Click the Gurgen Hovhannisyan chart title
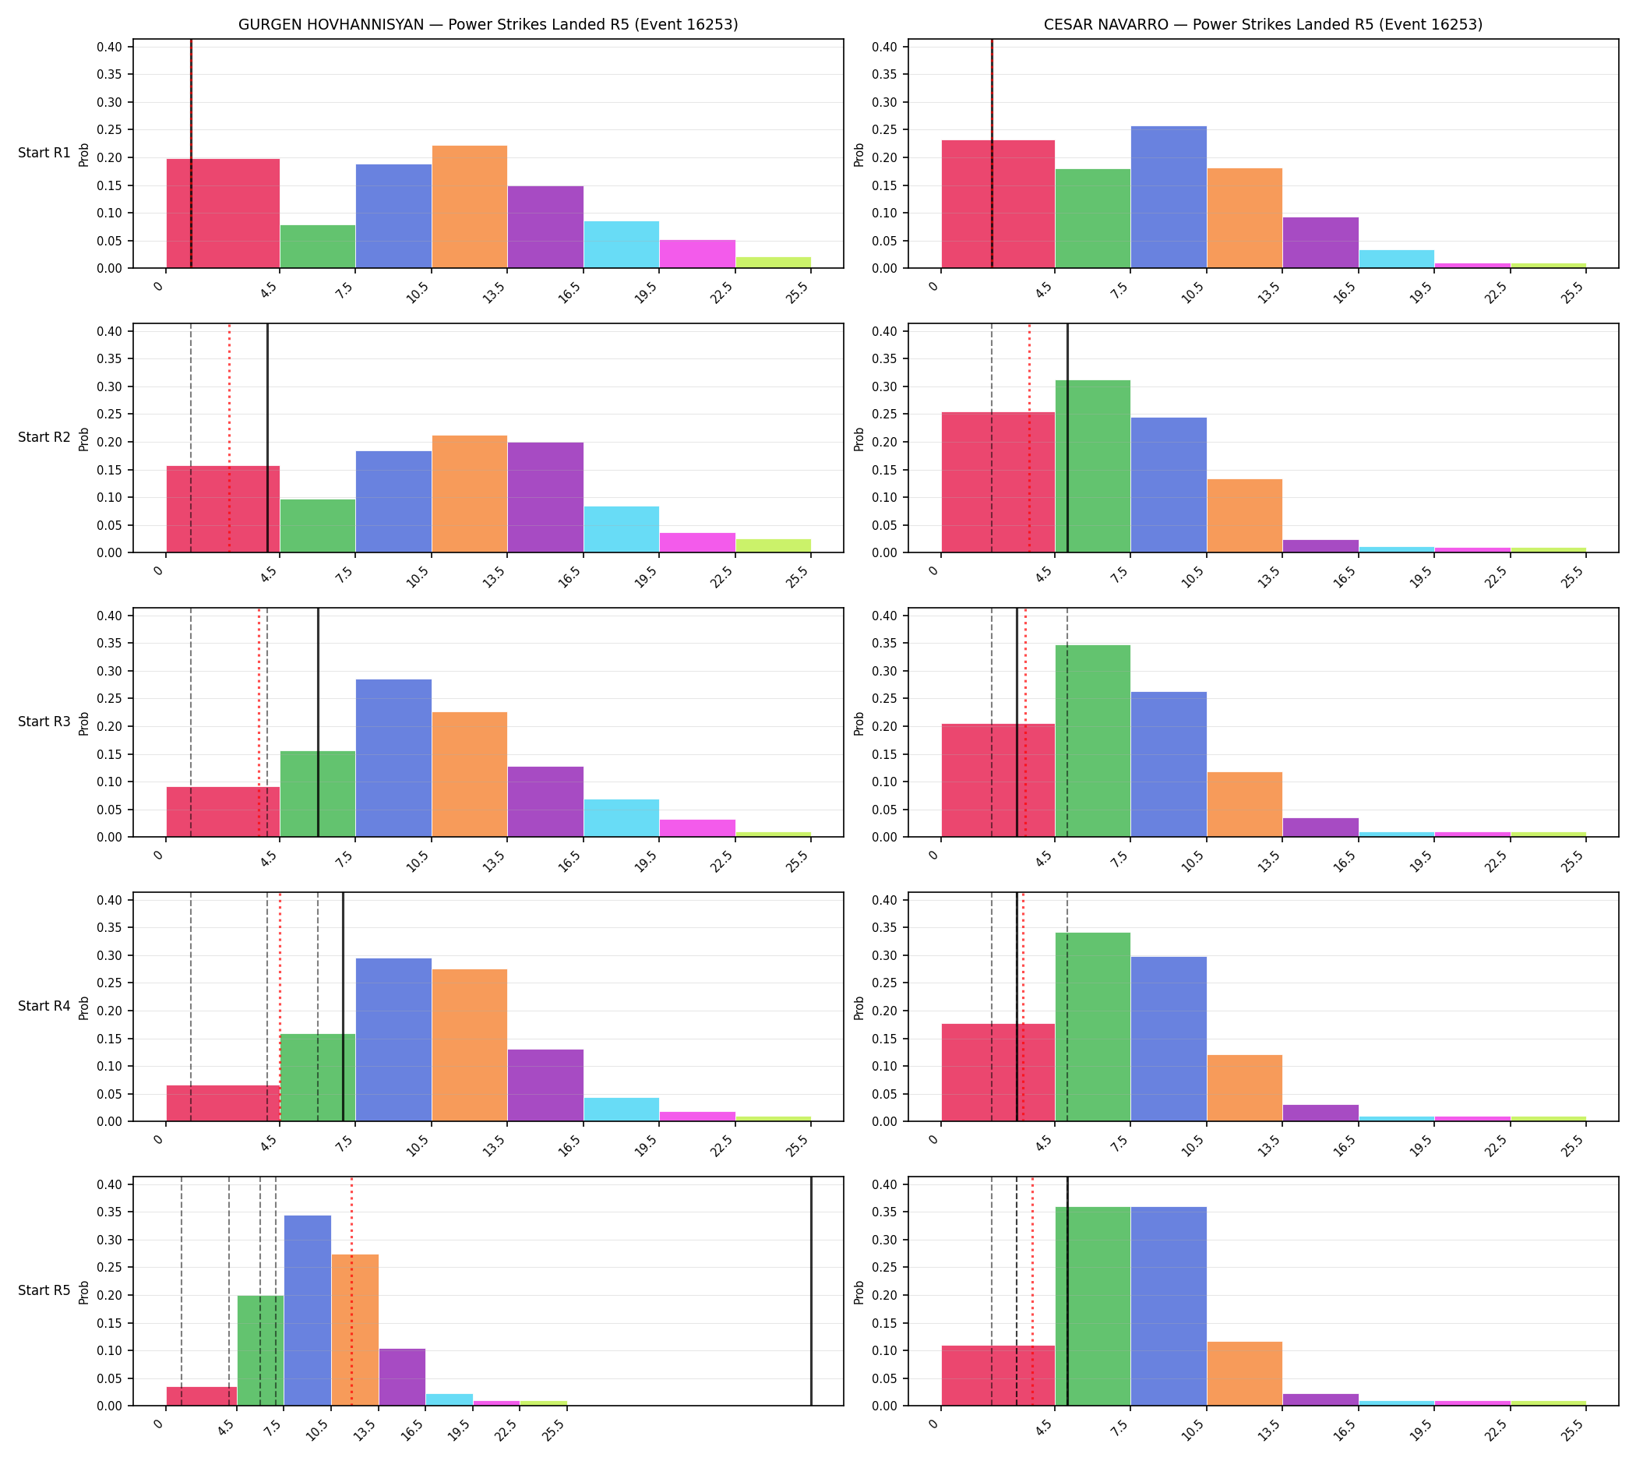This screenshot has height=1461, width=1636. point(488,25)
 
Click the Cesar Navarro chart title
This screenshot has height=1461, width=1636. point(1263,25)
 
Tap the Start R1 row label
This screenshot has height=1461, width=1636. point(44,153)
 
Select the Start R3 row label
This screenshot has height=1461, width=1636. point(44,722)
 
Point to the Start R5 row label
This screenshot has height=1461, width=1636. point(44,1290)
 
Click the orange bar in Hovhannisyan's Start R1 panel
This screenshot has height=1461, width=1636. point(470,207)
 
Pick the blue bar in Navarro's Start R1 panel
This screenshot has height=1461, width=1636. point(1168,196)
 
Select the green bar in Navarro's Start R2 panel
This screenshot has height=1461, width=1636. point(1092,467)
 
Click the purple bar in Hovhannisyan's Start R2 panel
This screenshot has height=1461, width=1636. point(545,498)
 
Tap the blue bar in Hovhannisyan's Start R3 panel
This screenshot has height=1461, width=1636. point(393,759)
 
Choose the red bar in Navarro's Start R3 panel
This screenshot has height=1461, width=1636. point(998,780)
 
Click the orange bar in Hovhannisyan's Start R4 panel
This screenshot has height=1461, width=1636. point(470,1045)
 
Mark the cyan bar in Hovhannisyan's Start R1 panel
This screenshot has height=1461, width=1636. point(622,245)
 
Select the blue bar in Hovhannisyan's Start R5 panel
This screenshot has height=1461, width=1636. point(308,1311)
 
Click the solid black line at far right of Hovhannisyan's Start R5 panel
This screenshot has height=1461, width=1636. point(811,1292)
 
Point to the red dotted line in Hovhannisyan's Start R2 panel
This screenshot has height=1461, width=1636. point(229,438)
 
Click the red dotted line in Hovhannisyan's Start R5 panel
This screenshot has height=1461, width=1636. point(351,1292)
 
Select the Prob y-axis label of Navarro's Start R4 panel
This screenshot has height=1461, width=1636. point(859,1008)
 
